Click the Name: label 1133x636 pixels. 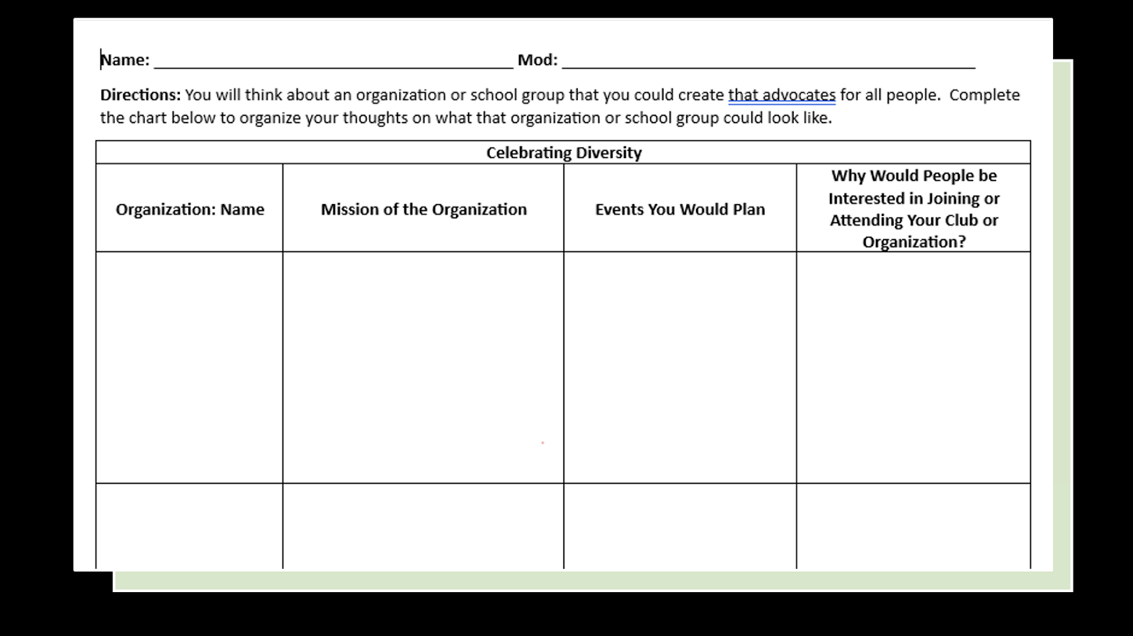point(125,60)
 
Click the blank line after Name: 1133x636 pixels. point(333,62)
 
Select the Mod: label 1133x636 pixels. point(537,60)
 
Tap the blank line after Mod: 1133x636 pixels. point(768,62)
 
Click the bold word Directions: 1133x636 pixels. point(140,95)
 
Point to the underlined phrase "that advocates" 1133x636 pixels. point(782,95)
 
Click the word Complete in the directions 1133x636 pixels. point(984,95)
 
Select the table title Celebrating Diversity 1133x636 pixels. point(564,153)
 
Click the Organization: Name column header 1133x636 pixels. point(190,210)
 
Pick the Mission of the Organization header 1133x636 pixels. point(423,210)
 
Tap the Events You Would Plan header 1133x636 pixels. point(680,210)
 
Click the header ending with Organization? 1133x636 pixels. point(913,209)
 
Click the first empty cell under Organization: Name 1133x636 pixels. point(190,367)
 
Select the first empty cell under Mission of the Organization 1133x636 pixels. point(423,367)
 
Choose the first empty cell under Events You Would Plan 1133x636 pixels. point(680,367)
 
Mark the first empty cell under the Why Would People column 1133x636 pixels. point(913,367)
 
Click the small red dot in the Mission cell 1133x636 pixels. point(542,443)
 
